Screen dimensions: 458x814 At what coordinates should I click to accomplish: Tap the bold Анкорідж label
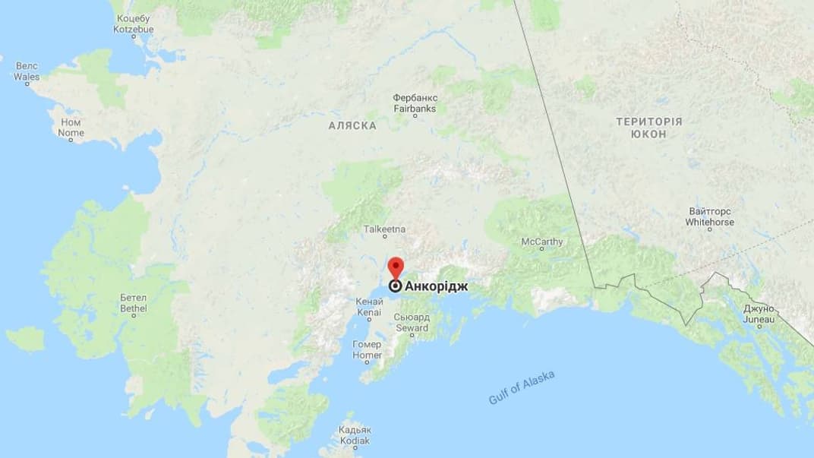click(437, 287)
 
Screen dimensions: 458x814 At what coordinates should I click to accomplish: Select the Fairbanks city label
click(414, 103)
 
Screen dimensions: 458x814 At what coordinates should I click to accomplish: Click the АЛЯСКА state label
click(352, 125)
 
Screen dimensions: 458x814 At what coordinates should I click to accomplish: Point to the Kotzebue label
click(134, 24)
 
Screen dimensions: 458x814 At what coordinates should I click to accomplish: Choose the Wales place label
click(27, 71)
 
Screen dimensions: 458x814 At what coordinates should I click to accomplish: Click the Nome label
click(71, 128)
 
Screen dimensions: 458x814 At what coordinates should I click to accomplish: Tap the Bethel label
click(134, 305)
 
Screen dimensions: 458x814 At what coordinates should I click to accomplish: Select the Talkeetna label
click(384, 228)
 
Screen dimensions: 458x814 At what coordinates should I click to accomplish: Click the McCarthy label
click(542, 242)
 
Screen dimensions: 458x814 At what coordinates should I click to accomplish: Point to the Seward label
click(412, 323)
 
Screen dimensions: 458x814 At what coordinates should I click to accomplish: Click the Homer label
click(368, 349)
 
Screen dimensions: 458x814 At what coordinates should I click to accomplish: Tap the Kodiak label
click(355, 435)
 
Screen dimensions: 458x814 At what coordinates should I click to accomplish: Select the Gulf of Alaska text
click(522, 388)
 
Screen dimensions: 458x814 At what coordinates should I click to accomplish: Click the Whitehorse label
click(710, 217)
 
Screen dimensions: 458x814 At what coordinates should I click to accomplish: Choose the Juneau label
click(759, 315)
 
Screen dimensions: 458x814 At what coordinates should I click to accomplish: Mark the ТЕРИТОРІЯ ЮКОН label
click(649, 128)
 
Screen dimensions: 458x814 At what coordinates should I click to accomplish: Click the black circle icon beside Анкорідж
click(396, 287)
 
